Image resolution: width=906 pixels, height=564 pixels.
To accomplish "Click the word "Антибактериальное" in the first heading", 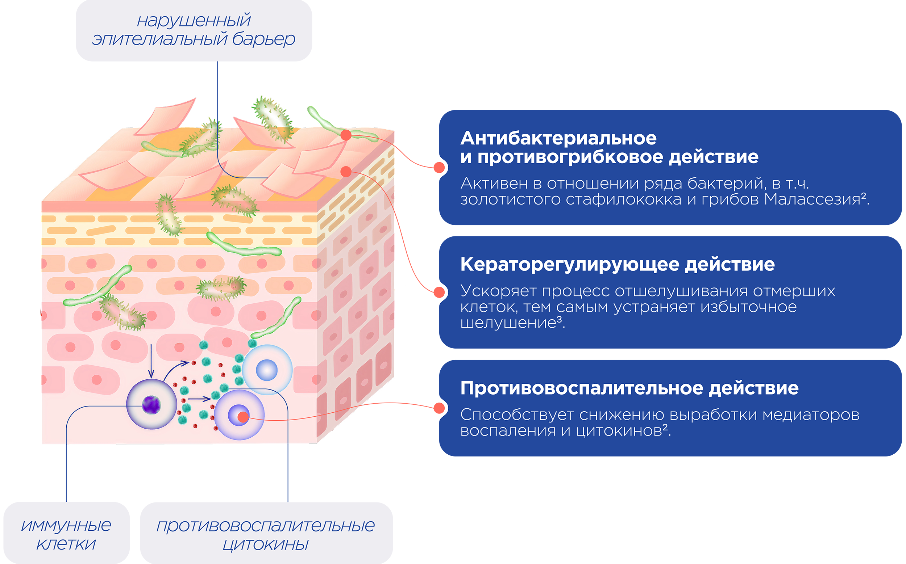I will click(558, 138).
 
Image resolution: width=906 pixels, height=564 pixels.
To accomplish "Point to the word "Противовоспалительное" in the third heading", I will click(582, 388).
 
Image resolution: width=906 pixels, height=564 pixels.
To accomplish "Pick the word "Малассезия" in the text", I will click(812, 199).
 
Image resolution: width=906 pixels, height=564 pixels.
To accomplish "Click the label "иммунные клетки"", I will click(66, 535).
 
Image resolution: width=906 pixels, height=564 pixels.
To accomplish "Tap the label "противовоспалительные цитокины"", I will click(266, 535).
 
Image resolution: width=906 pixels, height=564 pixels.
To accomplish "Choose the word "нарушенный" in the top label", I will click(194, 21).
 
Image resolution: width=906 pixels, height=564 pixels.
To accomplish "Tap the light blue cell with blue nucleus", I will click(267, 370).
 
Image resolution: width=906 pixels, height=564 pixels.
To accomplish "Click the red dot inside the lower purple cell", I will click(243, 417).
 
